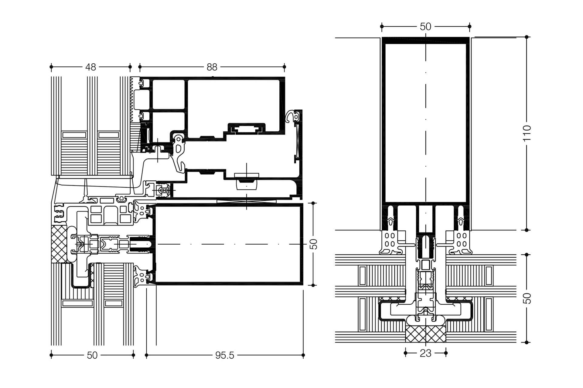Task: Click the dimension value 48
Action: [90, 67]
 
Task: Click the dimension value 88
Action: [212, 67]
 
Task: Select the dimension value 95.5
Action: [225, 355]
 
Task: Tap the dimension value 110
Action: [527, 133]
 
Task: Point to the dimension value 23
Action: [425, 353]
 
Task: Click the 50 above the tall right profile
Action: [425, 27]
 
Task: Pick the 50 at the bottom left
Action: [92, 355]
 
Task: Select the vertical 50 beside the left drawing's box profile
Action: [314, 244]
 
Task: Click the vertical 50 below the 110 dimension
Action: [527, 298]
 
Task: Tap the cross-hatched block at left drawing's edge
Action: [59, 244]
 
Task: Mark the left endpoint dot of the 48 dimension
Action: [51, 67]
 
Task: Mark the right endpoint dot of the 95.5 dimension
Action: [303, 355]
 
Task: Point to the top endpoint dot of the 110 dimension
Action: [527, 37]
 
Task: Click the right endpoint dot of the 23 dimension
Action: [445, 353]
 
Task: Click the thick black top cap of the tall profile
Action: [425, 40]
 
